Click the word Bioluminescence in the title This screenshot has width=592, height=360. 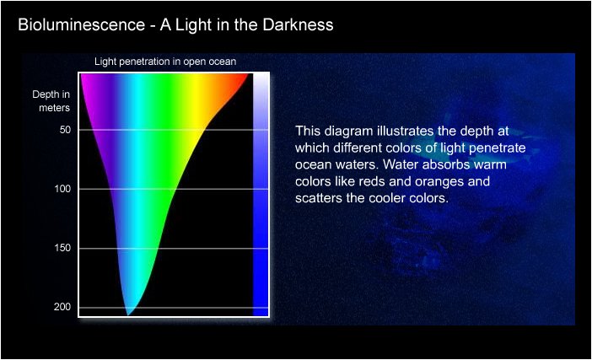pyautogui.click(x=81, y=25)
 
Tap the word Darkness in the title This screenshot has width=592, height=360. pyautogui.click(x=298, y=25)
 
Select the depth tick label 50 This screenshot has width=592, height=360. pyautogui.click(x=65, y=130)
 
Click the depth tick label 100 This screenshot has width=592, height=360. pyautogui.click(x=62, y=189)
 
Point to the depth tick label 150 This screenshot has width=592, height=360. pyautogui.click(x=62, y=248)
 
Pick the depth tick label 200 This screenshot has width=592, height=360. pyautogui.click(x=62, y=307)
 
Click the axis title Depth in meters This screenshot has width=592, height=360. pyautogui.click(x=51, y=101)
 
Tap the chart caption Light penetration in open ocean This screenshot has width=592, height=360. pyautogui.click(x=165, y=62)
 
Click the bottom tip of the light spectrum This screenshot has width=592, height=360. pyautogui.click(x=128, y=315)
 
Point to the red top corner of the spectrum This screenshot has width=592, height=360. pyautogui.click(x=248, y=74)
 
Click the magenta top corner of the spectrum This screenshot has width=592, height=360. pyautogui.click(x=82, y=74)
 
